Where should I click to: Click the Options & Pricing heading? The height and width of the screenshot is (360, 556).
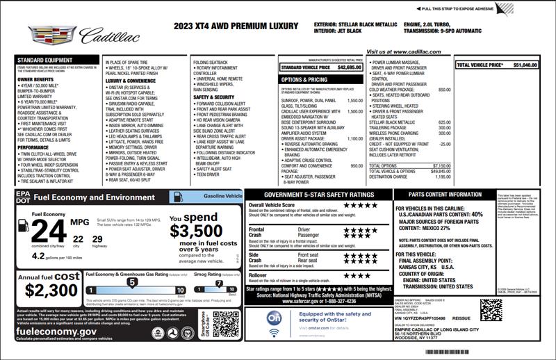tap(304, 80)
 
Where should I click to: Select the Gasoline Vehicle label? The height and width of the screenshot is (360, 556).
tap(218, 197)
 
